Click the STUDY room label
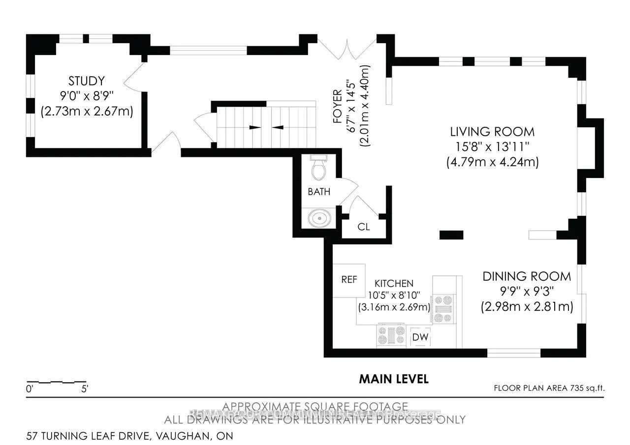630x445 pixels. pos(87,81)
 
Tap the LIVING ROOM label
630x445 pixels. pos(492,132)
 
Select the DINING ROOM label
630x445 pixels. pos(527,276)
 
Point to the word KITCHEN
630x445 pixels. pos(394,284)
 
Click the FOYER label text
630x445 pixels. pos(338,106)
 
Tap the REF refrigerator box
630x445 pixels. pos(349,280)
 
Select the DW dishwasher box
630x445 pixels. pos(419,337)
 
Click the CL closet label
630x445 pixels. pos(364,227)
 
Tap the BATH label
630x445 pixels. pos(319,192)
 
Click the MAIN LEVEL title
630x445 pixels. pos(394,379)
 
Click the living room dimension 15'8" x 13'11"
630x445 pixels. pos(492,147)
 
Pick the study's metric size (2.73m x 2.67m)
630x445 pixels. pos(87,111)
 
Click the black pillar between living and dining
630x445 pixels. pos(451,235)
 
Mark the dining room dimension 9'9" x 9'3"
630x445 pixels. pos(527,292)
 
